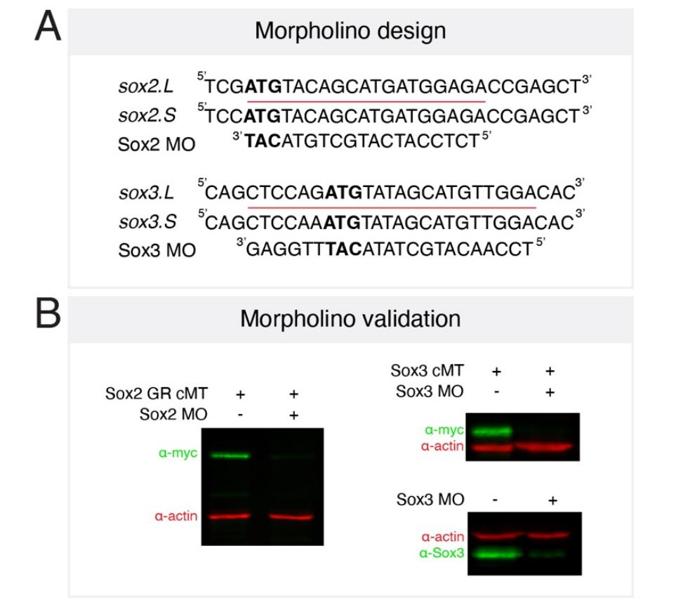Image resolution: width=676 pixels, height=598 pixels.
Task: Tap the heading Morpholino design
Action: point(350,31)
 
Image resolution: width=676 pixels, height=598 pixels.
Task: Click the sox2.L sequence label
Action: point(146,88)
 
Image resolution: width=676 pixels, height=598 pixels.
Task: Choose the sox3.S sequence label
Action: point(146,222)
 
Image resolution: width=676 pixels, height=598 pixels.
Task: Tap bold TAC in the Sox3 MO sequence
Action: point(347,249)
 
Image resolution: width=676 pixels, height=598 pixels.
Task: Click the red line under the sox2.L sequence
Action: point(366,101)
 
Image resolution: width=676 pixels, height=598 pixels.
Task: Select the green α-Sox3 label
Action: point(441,554)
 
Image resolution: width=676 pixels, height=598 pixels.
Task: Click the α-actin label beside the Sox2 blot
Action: point(175,516)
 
